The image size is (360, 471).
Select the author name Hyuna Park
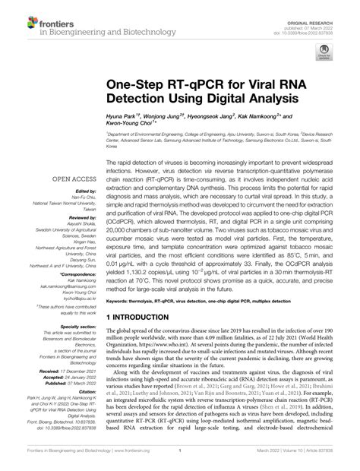coord(125,112)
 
